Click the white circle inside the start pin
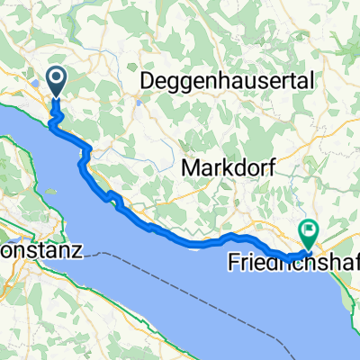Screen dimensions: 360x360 tap(56, 79)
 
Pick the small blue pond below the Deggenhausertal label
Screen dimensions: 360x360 tap(140, 101)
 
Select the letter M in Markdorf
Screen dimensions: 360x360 tap(191, 166)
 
